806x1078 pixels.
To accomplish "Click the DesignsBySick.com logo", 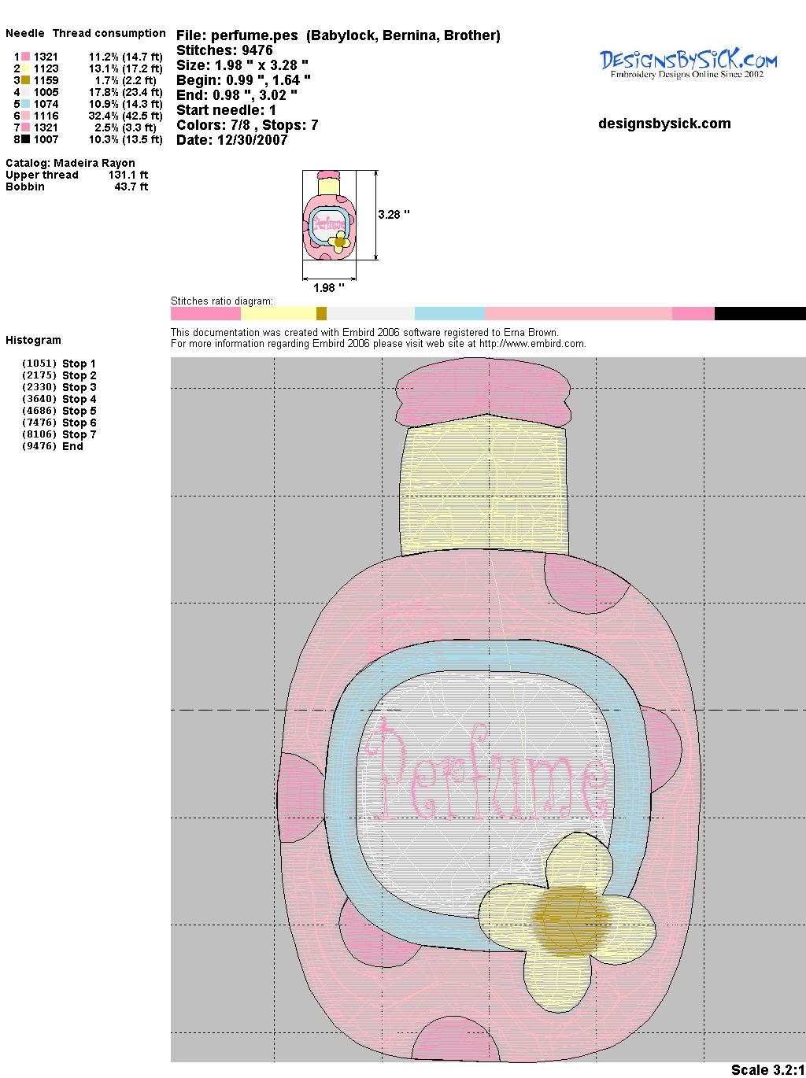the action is [688, 64].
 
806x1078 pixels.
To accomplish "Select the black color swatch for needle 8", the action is [25, 139].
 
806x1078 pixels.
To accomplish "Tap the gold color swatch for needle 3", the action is [25, 80].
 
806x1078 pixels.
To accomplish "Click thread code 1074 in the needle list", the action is [46, 104].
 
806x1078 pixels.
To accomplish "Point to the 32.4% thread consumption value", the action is [103, 116].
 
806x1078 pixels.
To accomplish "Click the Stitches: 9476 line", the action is [224, 50].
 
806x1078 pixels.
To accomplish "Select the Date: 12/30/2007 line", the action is [232, 140].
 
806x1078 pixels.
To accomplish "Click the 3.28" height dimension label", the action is [394, 215].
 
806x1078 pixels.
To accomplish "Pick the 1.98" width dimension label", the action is [328, 288].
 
